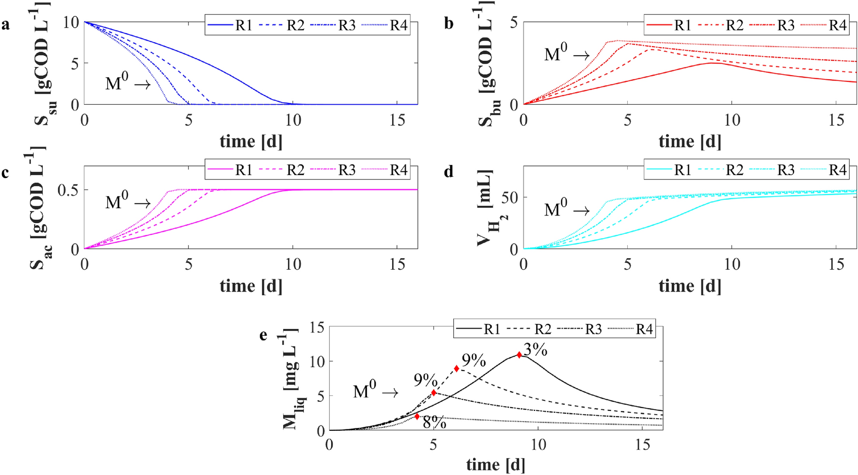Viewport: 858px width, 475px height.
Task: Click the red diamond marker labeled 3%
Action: pos(519,355)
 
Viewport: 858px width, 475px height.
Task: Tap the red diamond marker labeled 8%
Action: pos(417,416)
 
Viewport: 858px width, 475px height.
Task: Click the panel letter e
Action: pos(263,335)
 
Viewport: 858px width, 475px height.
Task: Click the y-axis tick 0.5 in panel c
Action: pos(68,190)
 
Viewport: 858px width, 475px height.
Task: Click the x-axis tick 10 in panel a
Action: pos(293,119)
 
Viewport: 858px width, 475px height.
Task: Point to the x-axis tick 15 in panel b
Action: pos(836,119)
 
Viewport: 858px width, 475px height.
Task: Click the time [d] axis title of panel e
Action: pos(495,464)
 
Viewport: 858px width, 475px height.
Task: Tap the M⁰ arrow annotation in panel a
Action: pos(128,83)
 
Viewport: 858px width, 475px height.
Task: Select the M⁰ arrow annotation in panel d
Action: pos(567,210)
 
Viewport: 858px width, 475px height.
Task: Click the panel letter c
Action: pos(5,172)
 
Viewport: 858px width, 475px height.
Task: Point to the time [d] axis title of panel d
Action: pos(689,286)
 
